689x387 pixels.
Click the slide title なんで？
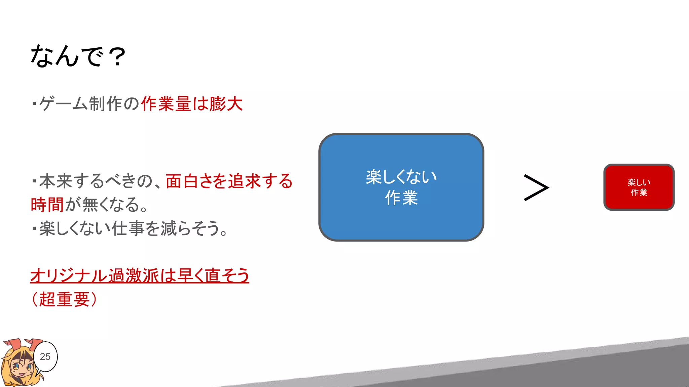78,56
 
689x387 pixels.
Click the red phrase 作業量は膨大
192,104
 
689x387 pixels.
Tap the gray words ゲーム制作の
89,104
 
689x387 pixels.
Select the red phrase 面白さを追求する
229,181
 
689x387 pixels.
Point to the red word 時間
47,205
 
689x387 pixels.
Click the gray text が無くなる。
106,205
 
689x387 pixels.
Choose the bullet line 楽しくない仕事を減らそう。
133,228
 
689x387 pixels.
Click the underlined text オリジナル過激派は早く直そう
140,276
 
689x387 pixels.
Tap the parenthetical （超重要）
64,299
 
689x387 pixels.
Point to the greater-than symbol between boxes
536,187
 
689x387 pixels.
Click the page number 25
45,356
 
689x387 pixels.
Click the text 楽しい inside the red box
639,182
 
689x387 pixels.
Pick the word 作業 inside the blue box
401,198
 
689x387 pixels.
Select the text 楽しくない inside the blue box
401,177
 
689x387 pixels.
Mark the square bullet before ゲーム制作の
34,103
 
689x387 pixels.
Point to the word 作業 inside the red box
639,192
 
